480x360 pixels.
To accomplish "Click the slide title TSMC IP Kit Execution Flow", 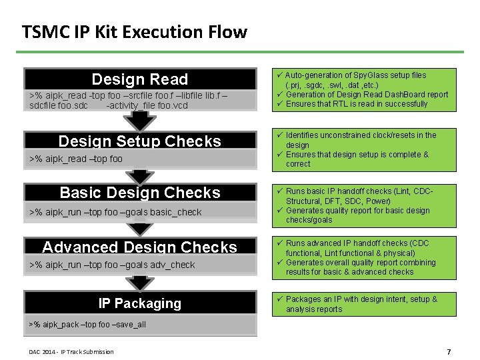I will [x=134, y=31].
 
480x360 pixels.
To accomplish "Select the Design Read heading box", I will [x=140, y=79].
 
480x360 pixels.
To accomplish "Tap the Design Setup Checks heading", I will [x=140, y=141].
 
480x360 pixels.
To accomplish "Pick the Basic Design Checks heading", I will [x=140, y=193].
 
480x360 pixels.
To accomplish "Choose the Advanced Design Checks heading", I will [x=140, y=247].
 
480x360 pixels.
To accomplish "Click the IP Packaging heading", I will [x=140, y=303].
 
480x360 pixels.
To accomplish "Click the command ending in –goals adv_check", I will [x=113, y=265].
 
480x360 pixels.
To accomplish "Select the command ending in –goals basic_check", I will [x=115, y=212].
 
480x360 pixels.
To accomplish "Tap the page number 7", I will [x=449, y=351].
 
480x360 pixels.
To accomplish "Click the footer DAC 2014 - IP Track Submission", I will [x=71, y=352].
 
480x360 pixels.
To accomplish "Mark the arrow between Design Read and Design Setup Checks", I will [x=140, y=121].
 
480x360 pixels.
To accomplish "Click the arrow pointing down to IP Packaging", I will [x=140, y=283].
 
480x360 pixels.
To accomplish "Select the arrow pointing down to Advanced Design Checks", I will [x=140, y=229].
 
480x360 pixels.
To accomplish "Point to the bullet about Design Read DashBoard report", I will [x=367, y=95].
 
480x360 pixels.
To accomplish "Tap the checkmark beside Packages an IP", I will [x=280, y=299].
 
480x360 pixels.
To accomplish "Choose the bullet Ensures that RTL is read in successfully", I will [x=357, y=104].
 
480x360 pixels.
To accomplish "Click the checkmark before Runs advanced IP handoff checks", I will [x=280, y=243].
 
